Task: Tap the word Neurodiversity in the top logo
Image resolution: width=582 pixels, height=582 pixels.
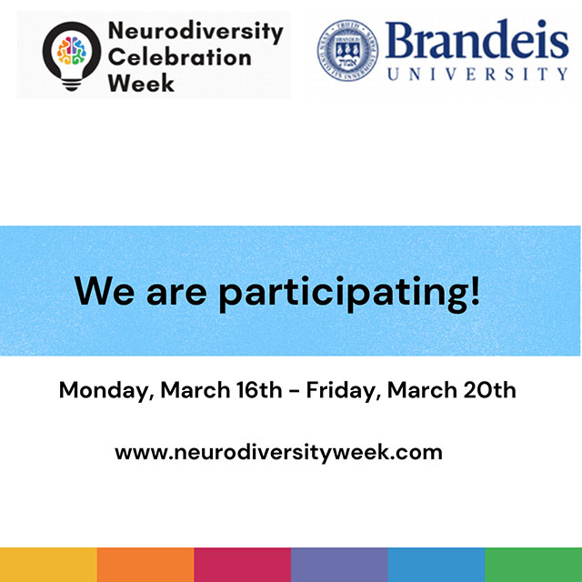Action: coord(195,32)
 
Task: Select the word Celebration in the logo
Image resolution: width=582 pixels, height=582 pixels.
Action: coord(179,57)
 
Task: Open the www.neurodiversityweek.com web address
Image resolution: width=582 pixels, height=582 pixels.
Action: coord(278,452)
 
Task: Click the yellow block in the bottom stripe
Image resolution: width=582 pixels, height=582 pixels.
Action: coord(48,564)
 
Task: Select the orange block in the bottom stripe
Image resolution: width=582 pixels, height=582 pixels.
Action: coord(145,564)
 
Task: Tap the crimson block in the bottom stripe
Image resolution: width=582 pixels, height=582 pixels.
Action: coord(242,564)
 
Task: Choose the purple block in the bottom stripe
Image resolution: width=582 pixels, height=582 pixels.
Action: coord(339,564)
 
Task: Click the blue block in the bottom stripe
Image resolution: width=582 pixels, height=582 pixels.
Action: coord(436,564)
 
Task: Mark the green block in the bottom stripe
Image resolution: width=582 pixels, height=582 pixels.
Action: coord(534,564)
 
